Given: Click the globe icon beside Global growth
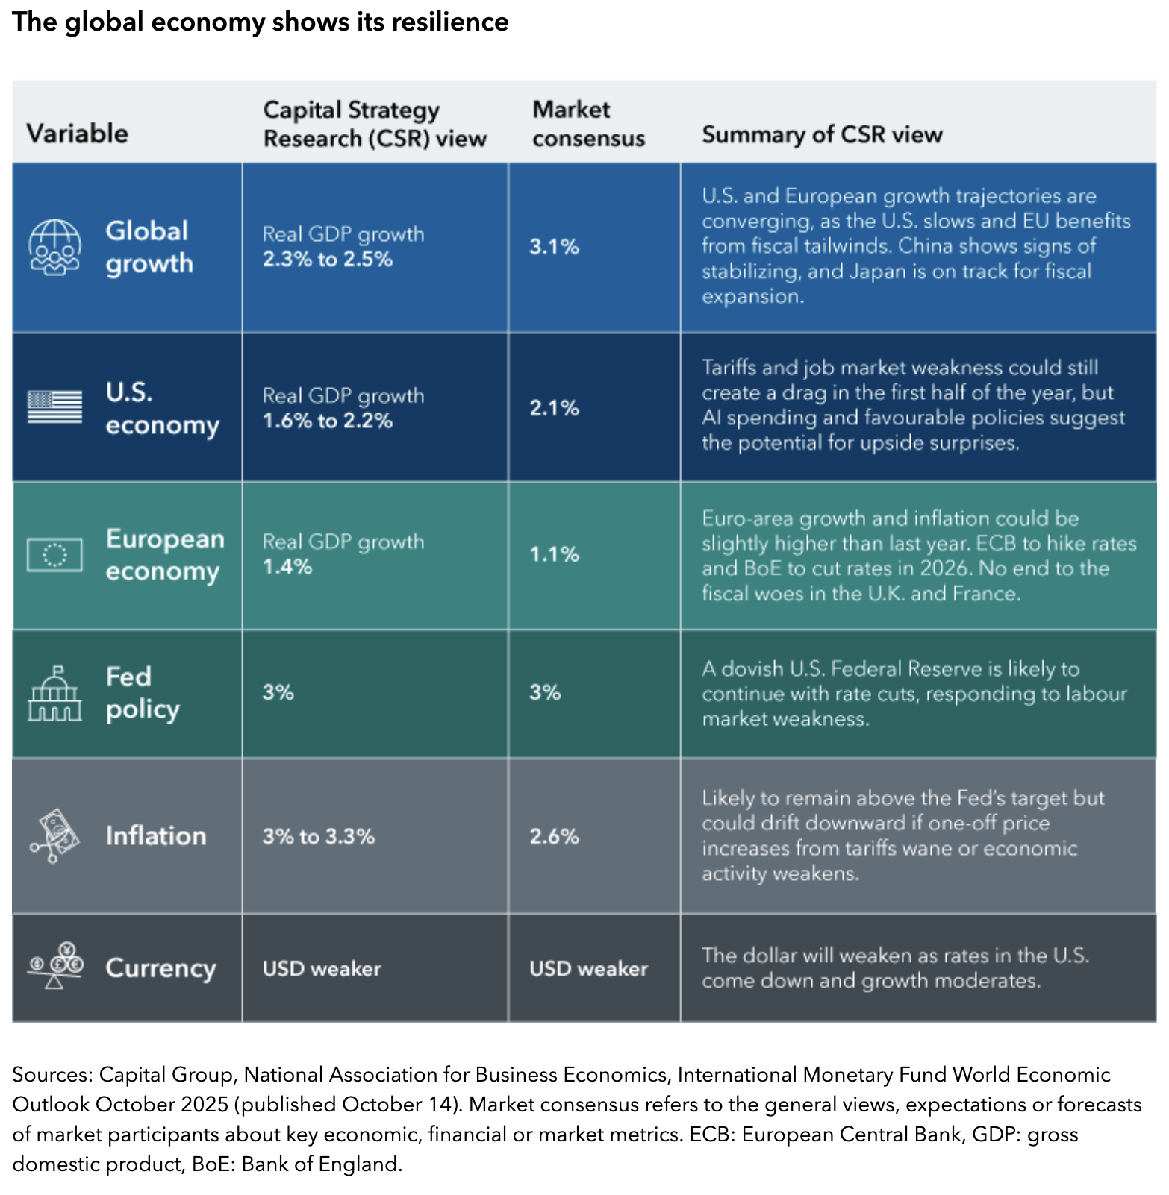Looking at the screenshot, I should [x=54, y=248].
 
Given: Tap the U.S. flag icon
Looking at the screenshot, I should [x=54, y=407].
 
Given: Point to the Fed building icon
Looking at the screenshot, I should [x=54, y=694].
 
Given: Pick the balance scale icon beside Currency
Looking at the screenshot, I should [x=54, y=967].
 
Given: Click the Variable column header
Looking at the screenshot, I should [x=78, y=134].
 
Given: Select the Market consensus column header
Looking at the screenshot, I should [x=588, y=124].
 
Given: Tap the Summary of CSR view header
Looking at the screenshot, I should [x=822, y=134].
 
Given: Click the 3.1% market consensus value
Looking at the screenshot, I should [x=554, y=247].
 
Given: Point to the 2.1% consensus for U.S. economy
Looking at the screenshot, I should [x=554, y=408].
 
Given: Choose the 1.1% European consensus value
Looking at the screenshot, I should [x=554, y=554].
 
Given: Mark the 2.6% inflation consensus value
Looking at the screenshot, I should [x=554, y=836].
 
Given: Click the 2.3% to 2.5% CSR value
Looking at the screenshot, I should [x=327, y=260].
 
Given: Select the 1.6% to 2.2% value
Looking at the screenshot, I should [x=327, y=421].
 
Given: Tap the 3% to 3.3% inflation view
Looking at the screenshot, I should [x=318, y=836].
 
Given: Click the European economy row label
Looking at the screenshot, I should [x=164, y=555].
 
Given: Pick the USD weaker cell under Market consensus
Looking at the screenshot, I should [x=588, y=968].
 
